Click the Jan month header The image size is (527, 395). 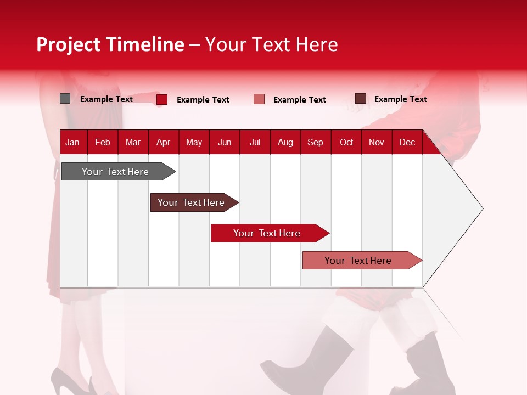pyautogui.click(x=72, y=143)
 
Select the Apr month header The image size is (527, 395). pyautogui.click(x=163, y=143)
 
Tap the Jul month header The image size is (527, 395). pyautogui.click(x=255, y=143)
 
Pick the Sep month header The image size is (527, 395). pyautogui.click(x=315, y=143)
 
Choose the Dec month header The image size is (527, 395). pyautogui.click(x=407, y=143)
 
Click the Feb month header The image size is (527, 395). pyautogui.click(x=103, y=143)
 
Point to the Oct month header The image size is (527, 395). pyautogui.click(x=346, y=143)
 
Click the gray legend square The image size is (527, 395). pyautogui.click(x=65, y=99)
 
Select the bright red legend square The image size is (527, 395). pyautogui.click(x=162, y=99)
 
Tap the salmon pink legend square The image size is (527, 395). pyautogui.click(x=259, y=99)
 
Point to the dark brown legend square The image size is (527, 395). pyautogui.click(x=361, y=99)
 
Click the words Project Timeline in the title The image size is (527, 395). pyautogui.click(x=110, y=44)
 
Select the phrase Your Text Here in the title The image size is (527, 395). pyautogui.click(x=271, y=44)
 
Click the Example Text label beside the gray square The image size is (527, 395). pyautogui.click(x=106, y=99)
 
